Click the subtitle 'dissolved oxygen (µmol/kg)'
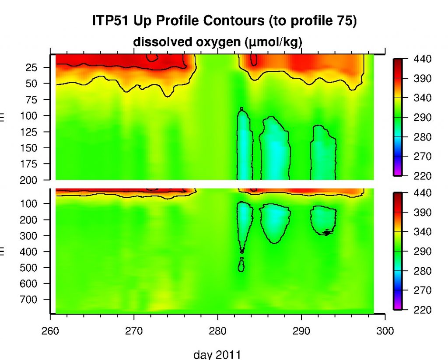click(218, 42)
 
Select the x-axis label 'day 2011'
click(217, 354)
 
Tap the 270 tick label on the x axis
click(134, 331)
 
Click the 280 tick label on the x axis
click(217, 331)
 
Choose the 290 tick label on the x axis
click(301, 331)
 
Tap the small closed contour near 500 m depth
click(241, 265)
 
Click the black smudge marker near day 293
click(327, 232)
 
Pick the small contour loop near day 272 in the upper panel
click(152, 57)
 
